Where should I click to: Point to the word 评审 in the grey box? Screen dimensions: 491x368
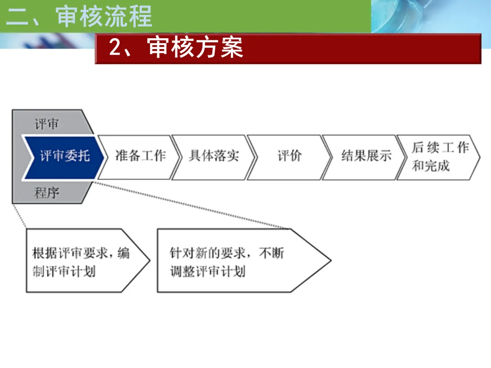[47, 124]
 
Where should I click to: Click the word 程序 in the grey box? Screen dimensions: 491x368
[47, 193]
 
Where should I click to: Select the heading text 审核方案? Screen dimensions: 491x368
[195, 48]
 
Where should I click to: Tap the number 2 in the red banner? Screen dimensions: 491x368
[115, 48]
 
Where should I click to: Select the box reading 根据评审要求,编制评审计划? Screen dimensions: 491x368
[88, 261]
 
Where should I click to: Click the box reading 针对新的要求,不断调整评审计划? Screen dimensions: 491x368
[244, 261]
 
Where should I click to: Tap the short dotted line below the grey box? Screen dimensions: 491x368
[19, 216]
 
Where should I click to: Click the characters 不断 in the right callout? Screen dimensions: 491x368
[271, 253]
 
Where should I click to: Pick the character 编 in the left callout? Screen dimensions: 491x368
[124, 253]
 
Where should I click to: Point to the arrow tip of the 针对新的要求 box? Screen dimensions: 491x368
[331, 260]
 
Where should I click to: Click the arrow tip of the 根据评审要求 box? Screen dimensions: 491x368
[150, 260]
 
